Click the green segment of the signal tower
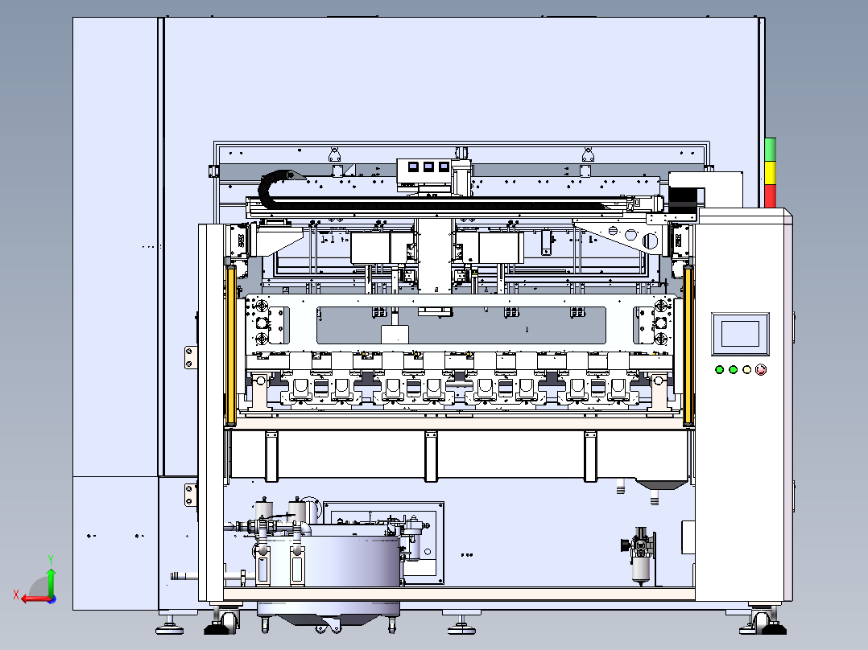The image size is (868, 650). click(x=770, y=150)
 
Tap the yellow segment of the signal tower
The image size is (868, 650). click(x=770, y=173)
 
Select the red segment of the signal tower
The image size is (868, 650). click(x=770, y=196)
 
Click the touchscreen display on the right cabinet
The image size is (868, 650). click(x=740, y=334)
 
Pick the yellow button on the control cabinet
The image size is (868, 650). click(x=746, y=369)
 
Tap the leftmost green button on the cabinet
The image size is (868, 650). click(x=719, y=369)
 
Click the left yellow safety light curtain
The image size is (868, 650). click(x=230, y=346)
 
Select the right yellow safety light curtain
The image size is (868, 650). click(x=688, y=346)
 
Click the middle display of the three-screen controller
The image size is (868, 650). click(x=428, y=167)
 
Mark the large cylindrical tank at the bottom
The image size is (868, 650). click(x=351, y=560)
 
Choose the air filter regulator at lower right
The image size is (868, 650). click(x=641, y=555)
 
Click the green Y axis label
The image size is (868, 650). click(x=51, y=560)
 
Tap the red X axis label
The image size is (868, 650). click(x=16, y=594)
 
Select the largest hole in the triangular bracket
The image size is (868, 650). click(x=650, y=241)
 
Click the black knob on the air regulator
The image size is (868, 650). click(x=625, y=545)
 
